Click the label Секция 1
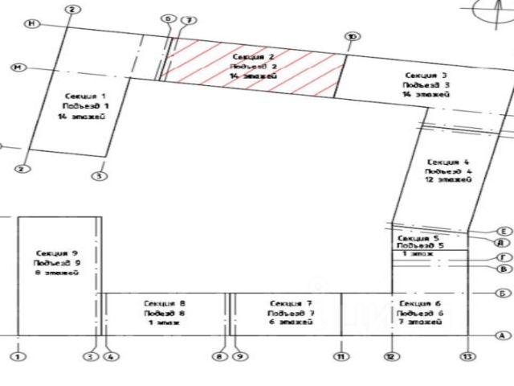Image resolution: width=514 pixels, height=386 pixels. click(86, 95)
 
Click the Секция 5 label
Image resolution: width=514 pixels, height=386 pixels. click(418, 238)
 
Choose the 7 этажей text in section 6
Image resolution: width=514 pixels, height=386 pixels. click(419, 321)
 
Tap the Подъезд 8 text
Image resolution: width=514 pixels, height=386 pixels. click(165, 313)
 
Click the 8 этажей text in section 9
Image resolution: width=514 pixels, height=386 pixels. click(56, 273)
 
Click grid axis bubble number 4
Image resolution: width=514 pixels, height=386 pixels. click(110, 355)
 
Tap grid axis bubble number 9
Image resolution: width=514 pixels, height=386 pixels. click(239, 355)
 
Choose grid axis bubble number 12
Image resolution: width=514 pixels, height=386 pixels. click(391, 355)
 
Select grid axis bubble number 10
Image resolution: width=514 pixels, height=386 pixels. click(351, 36)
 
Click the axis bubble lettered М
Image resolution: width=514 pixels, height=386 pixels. click(16, 68)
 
